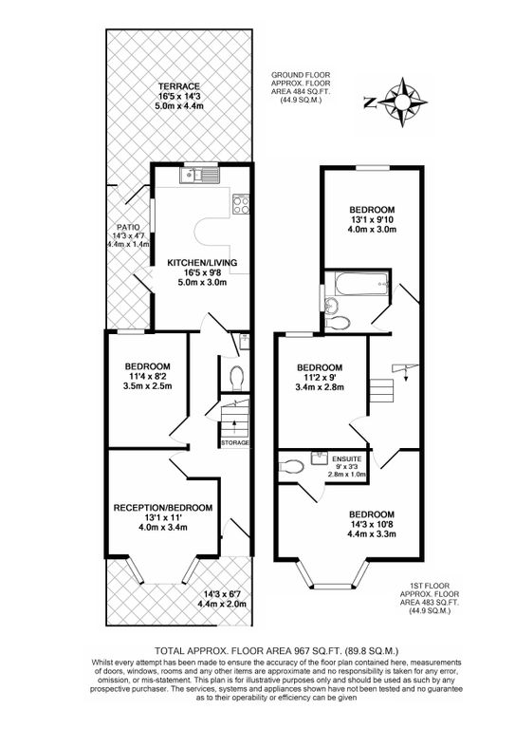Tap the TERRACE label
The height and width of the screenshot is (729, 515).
point(178,86)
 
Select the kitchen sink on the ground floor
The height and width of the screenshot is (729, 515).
point(202,173)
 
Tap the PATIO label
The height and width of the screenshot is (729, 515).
point(128,228)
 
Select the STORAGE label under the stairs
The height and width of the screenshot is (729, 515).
point(235,443)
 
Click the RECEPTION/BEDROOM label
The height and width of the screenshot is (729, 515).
point(164,508)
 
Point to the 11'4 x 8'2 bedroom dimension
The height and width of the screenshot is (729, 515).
point(147,378)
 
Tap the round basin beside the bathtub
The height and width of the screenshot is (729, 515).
point(331,305)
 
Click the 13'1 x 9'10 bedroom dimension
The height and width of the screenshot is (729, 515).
point(371,220)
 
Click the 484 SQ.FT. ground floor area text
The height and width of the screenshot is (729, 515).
point(317,89)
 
